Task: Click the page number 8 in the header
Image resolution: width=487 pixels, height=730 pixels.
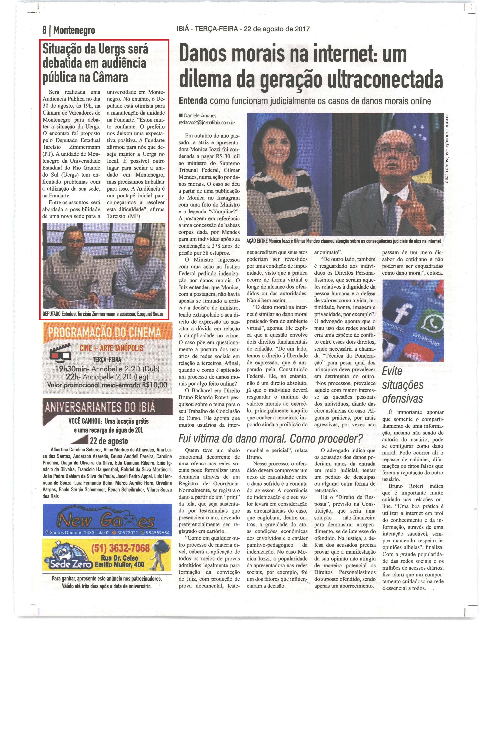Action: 45,30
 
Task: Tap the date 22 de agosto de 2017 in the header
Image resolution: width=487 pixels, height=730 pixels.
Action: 277,29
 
